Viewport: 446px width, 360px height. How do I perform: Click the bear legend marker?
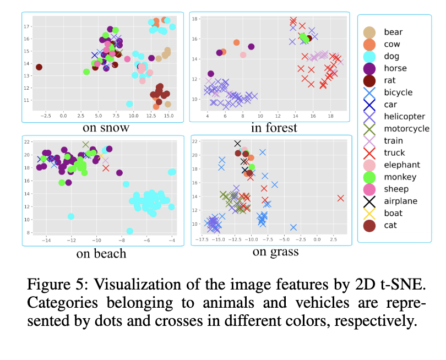[x=370, y=32]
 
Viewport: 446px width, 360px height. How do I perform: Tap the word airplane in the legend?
[x=401, y=201]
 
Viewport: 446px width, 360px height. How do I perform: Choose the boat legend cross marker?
[x=370, y=213]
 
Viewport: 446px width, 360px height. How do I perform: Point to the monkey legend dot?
[x=370, y=177]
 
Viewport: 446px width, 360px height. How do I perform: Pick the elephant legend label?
[x=402, y=165]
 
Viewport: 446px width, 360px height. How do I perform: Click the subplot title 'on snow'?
[x=106, y=128]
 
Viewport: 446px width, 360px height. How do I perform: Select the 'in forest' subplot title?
[x=274, y=128]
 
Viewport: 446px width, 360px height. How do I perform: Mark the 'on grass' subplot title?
[x=275, y=252]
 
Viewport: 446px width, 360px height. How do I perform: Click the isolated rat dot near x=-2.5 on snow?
[x=39, y=67]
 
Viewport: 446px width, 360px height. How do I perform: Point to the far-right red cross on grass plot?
[x=340, y=198]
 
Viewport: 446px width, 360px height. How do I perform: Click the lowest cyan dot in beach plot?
[x=129, y=231]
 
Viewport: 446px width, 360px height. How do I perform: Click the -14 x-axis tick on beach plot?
[x=47, y=240]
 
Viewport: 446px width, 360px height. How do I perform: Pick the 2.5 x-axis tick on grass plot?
[x=333, y=240]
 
